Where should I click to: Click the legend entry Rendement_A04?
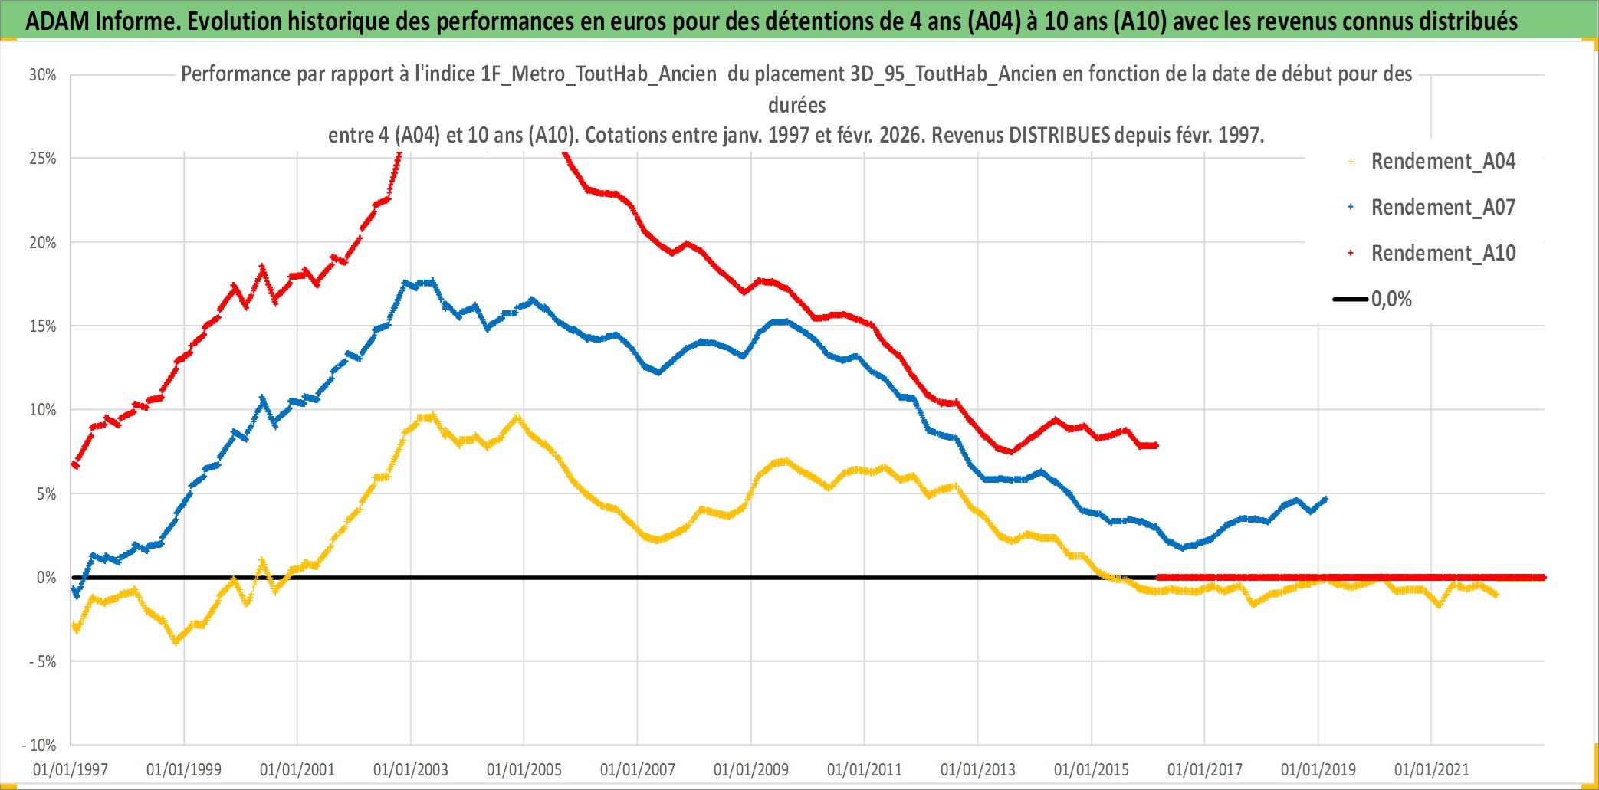click(1443, 162)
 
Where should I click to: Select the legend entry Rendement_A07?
click(1443, 208)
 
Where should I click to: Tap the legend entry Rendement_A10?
click(1443, 254)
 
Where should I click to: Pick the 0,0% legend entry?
click(1391, 300)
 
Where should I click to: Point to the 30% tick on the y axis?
click(43, 75)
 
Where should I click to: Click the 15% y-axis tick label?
click(43, 326)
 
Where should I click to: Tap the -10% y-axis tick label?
click(39, 745)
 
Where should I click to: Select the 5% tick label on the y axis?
click(46, 494)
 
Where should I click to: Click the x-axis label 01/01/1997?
click(71, 769)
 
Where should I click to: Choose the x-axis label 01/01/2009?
click(751, 769)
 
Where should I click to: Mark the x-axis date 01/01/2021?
click(1432, 769)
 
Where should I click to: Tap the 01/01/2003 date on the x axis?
click(411, 769)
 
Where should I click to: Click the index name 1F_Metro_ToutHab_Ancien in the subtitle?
click(598, 74)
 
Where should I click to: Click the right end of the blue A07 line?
click(1325, 499)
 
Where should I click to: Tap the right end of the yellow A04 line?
click(1496, 595)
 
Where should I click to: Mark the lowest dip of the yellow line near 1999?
click(176, 641)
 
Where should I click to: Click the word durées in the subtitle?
click(797, 105)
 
